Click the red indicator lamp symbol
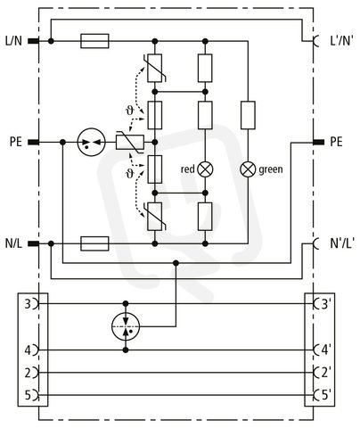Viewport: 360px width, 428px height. (205, 169)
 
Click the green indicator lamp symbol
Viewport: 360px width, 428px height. (248, 169)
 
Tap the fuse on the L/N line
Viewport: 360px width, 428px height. (94, 41)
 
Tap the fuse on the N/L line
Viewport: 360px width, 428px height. (94, 243)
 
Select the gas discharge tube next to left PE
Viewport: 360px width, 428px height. (91, 143)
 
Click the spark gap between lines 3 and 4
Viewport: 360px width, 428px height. (126, 326)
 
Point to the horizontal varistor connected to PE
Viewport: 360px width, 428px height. (130, 142)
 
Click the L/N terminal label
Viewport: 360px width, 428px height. (13, 41)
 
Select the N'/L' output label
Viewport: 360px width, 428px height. (342, 243)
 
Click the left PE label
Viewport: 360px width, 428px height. (16, 142)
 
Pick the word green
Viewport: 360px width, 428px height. (271, 169)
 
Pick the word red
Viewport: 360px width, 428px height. (188, 169)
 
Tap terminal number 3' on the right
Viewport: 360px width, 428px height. (326, 304)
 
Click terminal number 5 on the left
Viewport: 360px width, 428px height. (28, 395)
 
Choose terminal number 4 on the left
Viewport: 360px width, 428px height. (28, 350)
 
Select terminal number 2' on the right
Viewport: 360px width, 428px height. (326, 373)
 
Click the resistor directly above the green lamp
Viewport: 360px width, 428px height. (248, 115)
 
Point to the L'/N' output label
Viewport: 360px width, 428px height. (342, 41)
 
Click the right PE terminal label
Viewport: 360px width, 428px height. (337, 142)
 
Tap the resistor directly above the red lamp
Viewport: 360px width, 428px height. (205, 115)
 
